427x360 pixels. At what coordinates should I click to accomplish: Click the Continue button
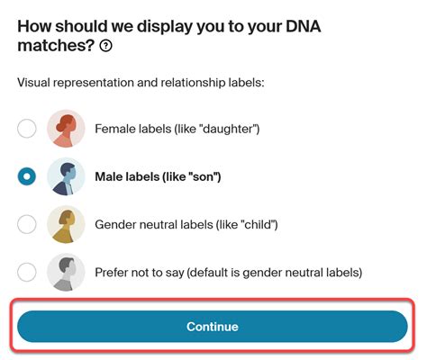[213, 326]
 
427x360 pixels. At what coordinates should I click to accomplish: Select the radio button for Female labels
[27, 129]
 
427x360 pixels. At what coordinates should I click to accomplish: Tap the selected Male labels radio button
[27, 176]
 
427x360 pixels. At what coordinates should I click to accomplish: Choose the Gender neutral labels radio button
[27, 224]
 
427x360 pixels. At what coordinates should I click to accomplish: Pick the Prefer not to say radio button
[27, 272]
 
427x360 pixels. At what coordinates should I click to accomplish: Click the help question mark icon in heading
[106, 46]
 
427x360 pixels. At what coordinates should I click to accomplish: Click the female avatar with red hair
[66, 129]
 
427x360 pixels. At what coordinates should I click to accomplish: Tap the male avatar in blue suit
[66, 176]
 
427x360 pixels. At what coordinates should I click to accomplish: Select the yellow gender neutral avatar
[66, 224]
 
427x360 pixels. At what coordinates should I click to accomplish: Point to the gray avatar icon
[66, 272]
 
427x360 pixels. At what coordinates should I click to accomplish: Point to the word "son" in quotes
[204, 176]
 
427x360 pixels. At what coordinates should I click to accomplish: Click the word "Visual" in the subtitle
[35, 83]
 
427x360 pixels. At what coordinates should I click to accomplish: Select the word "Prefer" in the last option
[114, 272]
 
